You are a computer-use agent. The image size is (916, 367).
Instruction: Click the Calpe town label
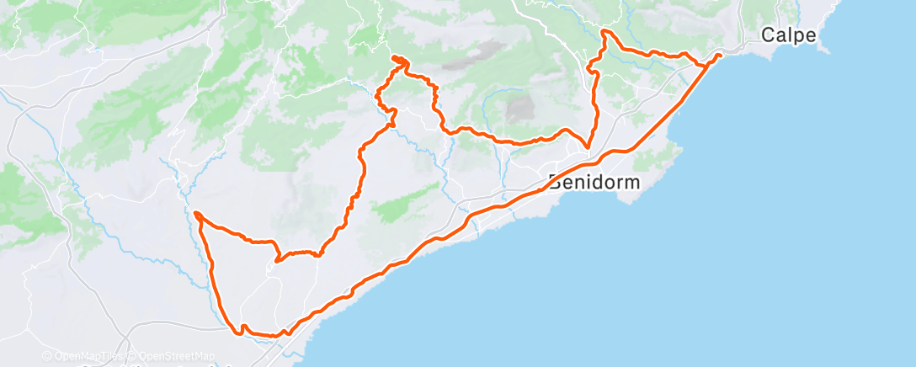coord(789,35)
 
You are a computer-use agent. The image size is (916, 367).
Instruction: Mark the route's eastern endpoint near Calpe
coord(719,55)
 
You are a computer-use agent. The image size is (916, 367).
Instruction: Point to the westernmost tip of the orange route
coord(194,214)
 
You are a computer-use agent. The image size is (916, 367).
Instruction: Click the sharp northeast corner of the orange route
coord(604,31)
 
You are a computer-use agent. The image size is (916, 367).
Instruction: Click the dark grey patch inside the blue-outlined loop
coord(520,109)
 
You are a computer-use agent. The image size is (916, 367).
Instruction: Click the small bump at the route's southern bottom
coord(242,327)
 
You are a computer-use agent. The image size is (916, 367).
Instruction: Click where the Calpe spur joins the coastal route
coord(704,65)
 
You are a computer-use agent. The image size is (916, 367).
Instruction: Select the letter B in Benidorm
coord(555,182)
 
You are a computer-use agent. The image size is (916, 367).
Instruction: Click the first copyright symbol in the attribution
coord(46,356)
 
